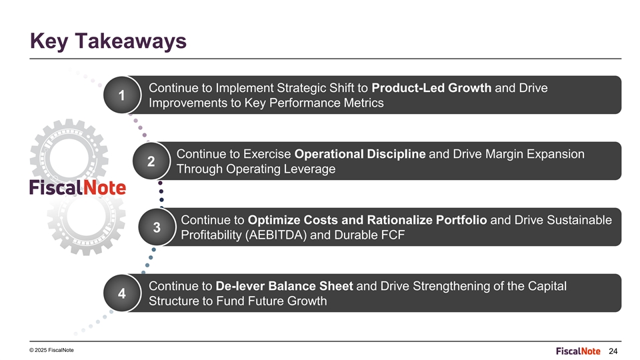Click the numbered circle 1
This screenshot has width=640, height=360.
tap(121, 95)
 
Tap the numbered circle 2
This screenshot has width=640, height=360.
tap(151, 161)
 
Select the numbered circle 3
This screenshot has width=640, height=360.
tap(157, 227)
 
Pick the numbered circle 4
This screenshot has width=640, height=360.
tap(121, 293)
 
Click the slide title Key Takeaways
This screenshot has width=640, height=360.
tap(108, 41)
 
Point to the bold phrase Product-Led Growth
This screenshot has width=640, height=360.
tap(431, 88)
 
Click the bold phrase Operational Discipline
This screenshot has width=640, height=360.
tap(360, 154)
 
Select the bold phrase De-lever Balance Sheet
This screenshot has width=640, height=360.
tap(284, 286)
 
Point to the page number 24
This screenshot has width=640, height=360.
tap(613, 351)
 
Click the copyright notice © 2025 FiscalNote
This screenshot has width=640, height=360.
tap(51, 350)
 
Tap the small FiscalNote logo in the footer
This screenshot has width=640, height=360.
tap(578, 351)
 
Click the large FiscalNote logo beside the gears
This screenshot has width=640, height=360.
tap(77, 187)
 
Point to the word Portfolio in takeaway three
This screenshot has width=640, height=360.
tap(461, 220)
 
